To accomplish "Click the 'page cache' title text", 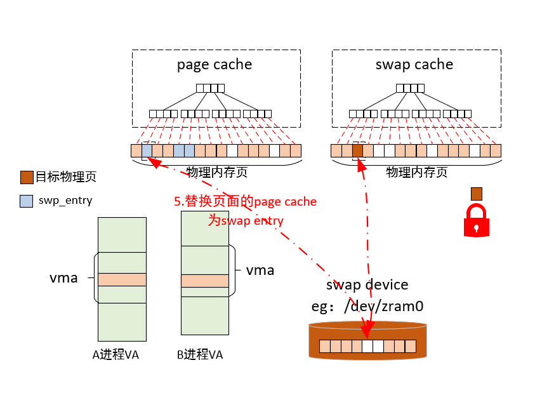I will pos(214,64).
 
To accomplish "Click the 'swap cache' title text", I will pos(414,64).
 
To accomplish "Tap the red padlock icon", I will pos(476,221).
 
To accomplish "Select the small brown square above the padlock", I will pos(476,193).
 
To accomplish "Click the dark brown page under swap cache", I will pos(357,151).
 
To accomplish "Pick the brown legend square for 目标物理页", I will pos(27,177).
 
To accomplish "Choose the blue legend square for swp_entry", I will pos(27,201).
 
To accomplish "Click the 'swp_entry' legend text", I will pos(65,201).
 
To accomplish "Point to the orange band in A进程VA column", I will pos(122,279).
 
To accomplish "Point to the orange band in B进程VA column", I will pos(204,281).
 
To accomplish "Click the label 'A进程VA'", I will pos(116,354).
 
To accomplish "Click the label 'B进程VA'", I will pos(200,354).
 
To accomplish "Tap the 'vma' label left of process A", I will pos(63,277).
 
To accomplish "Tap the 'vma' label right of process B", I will pos(260,270).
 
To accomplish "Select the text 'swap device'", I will pos(367,284).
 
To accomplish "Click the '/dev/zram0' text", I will pos(383,306).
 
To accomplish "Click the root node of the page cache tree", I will pos(210,88).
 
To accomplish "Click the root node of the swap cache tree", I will pos(411,88).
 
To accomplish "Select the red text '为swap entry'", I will pos(246,220).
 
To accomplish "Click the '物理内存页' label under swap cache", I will pos(416,172).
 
